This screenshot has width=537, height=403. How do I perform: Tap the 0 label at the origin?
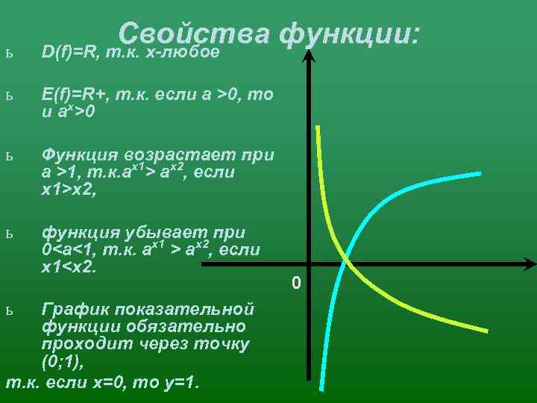click(x=296, y=284)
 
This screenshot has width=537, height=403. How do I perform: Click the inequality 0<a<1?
click(x=75, y=249)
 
